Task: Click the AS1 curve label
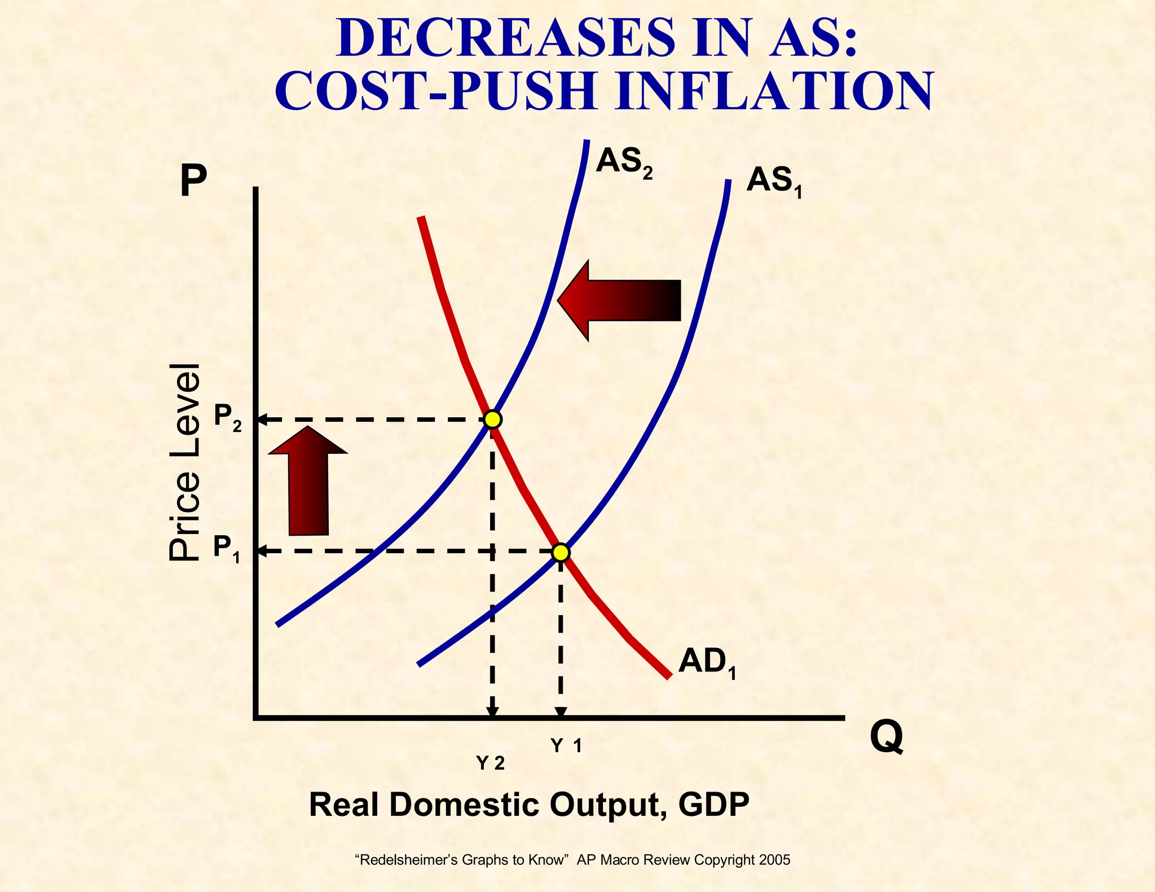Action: point(773,182)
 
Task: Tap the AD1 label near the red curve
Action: point(707,662)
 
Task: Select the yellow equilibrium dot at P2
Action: point(492,419)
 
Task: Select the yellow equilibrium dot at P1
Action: point(561,553)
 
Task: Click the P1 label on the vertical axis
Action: point(226,548)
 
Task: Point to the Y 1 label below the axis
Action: point(566,746)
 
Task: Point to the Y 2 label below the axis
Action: point(490,763)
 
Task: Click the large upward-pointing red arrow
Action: point(308,482)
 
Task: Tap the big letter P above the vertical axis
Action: point(193,181)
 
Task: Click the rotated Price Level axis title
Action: point(184,462)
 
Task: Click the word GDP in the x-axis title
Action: point(713,805)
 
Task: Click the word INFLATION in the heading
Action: point(774,91)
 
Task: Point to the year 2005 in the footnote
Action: point(774,860)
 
